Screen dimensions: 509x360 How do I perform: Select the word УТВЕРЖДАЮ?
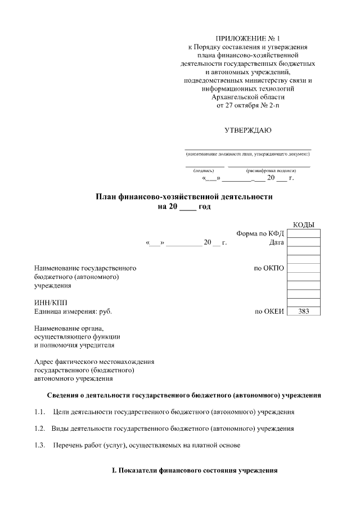click(x=247, y=130)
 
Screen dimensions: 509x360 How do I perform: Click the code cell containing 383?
click(x=304, y=311)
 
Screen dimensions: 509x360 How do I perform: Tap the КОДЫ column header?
click(x=304, y=225)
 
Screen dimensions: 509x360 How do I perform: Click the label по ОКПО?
click(x=269, y=268)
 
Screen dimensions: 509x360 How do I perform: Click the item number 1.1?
click(x=39, y=412)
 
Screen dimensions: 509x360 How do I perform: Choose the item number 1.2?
click(x=39, y=429)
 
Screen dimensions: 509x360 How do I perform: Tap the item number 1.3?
click(x=39, y=445)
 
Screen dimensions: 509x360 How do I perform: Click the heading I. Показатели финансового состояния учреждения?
click(x=195, y=470)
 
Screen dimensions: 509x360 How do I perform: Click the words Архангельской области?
click(x=247, y=97)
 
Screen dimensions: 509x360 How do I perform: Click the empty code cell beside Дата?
click(x=304, y=242)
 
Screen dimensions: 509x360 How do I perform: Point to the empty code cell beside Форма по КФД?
click(x=304, y=234)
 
